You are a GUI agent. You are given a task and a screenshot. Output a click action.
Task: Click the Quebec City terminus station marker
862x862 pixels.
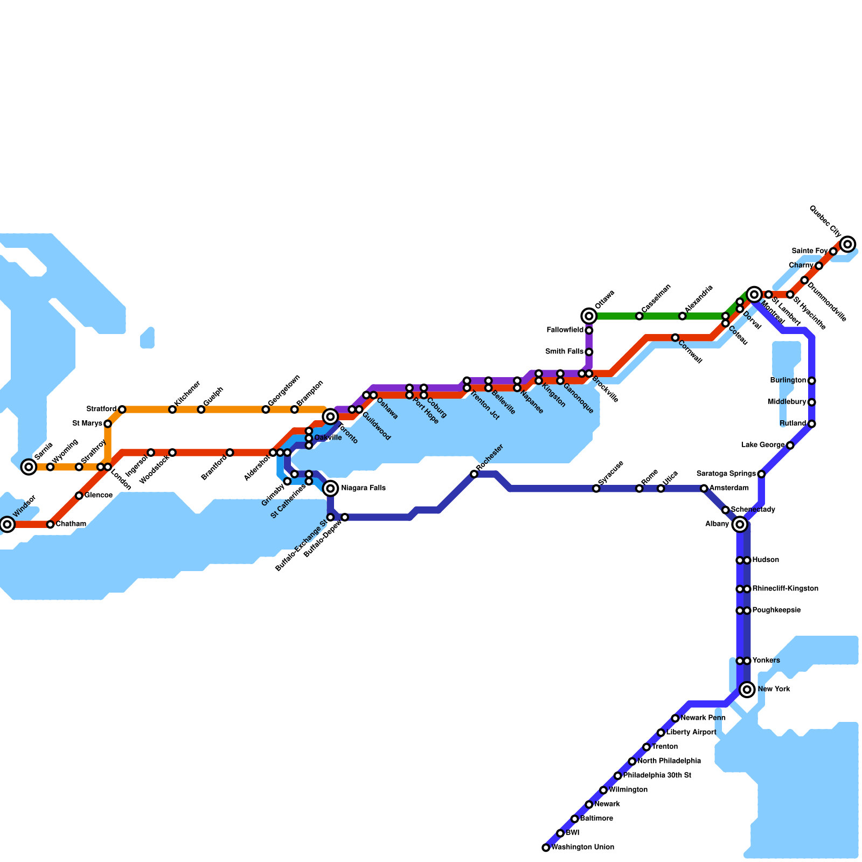click(x=847, y=244)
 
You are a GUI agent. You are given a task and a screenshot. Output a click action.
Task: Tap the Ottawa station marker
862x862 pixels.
click(x=589, y=316)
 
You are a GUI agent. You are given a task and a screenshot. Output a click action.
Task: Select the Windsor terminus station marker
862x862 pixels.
click(x=7, y=524)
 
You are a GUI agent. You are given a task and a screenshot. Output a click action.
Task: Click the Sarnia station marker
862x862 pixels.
click(x=29, y=467)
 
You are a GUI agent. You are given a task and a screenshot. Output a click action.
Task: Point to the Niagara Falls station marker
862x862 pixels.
click(x=331, y=488)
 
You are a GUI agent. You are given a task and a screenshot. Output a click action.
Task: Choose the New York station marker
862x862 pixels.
click(x=747, y=689)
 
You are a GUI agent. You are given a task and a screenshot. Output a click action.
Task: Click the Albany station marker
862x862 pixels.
click(x=740, y=524)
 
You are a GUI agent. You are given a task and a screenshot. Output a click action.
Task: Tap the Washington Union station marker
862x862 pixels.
click(x=546, y=847)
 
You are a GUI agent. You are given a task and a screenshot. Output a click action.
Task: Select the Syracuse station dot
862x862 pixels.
click(x=596, y=488)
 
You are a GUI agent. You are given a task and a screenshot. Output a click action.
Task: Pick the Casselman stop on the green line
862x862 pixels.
click(x=639, y=316)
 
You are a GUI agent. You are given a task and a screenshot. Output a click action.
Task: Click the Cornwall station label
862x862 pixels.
click(x=690, y=352)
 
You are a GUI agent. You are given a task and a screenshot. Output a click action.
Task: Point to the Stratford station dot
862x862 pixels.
click(x=122, y=409)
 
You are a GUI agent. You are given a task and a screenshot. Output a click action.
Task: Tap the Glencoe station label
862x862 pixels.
click(x=99, y=495)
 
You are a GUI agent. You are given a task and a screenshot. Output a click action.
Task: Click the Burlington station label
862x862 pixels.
click(x=788, y=380)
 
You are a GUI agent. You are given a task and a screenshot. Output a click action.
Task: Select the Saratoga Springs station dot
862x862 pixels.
click(x=761, y=474)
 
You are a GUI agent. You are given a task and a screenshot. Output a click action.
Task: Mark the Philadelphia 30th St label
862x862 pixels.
click(x=657, y=775)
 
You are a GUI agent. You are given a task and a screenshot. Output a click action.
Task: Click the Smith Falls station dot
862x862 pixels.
click(x=589, y=352)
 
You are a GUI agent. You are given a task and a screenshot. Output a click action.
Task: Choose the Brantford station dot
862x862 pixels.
click(x=230, y=453)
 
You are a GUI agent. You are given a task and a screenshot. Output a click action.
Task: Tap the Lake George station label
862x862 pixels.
click(x=763, y=445)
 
